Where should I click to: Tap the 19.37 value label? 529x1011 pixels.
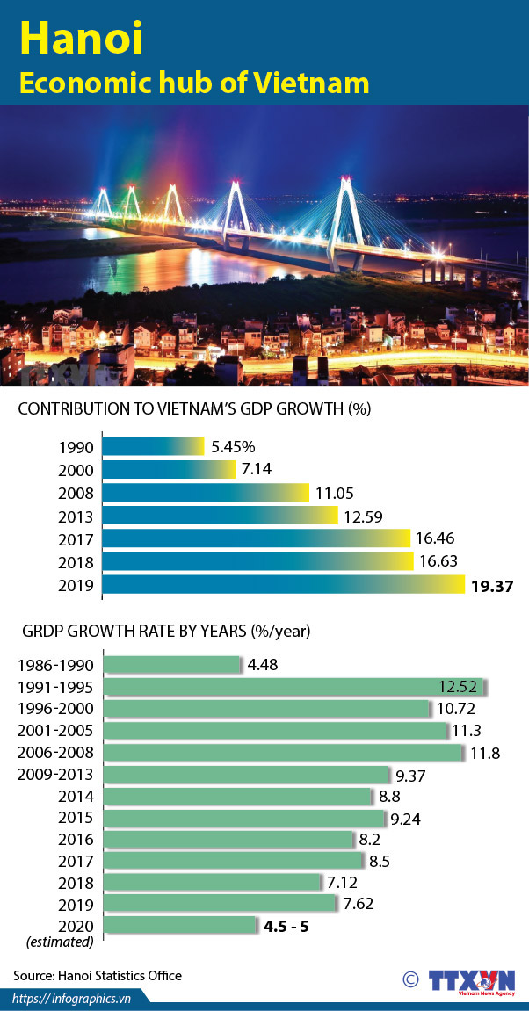point(491,585)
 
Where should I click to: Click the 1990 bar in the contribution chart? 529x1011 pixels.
point(153,446)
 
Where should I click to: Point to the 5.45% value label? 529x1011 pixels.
point(232,447)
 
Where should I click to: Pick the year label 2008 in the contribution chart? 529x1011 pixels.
point(76,493)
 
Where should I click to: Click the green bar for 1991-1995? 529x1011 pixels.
point(295,687)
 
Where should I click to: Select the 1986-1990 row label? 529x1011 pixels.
point(55,665)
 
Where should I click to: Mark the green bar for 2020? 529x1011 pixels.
point(179,926)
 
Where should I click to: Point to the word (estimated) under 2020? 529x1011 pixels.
point(60,942)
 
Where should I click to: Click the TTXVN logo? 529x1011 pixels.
point(469,981)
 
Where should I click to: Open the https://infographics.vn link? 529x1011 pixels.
point(72,998)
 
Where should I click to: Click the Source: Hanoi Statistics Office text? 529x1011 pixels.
point(98,975)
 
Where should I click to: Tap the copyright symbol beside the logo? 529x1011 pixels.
point(409,979)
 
